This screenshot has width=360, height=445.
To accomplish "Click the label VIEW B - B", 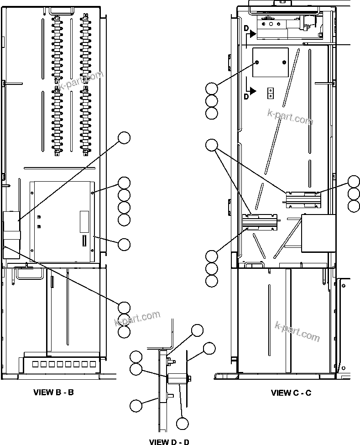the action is pos(53,392).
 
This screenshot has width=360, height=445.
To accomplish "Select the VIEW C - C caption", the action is pos(291,393).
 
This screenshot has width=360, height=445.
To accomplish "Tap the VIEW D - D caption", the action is pos(169,441).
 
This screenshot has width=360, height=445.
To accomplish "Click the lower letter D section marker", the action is pos(246,96).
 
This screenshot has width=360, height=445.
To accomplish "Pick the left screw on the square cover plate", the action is pos(258,62).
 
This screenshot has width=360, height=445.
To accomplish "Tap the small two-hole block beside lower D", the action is pos(271,93).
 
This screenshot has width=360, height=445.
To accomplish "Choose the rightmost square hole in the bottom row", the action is pos(93,364).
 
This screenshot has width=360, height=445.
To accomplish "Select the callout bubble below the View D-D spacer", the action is pos(182,424).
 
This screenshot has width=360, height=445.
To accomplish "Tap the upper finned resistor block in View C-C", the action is pos(303,198).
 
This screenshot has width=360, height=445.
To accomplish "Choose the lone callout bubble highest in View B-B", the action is pos(124,137).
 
